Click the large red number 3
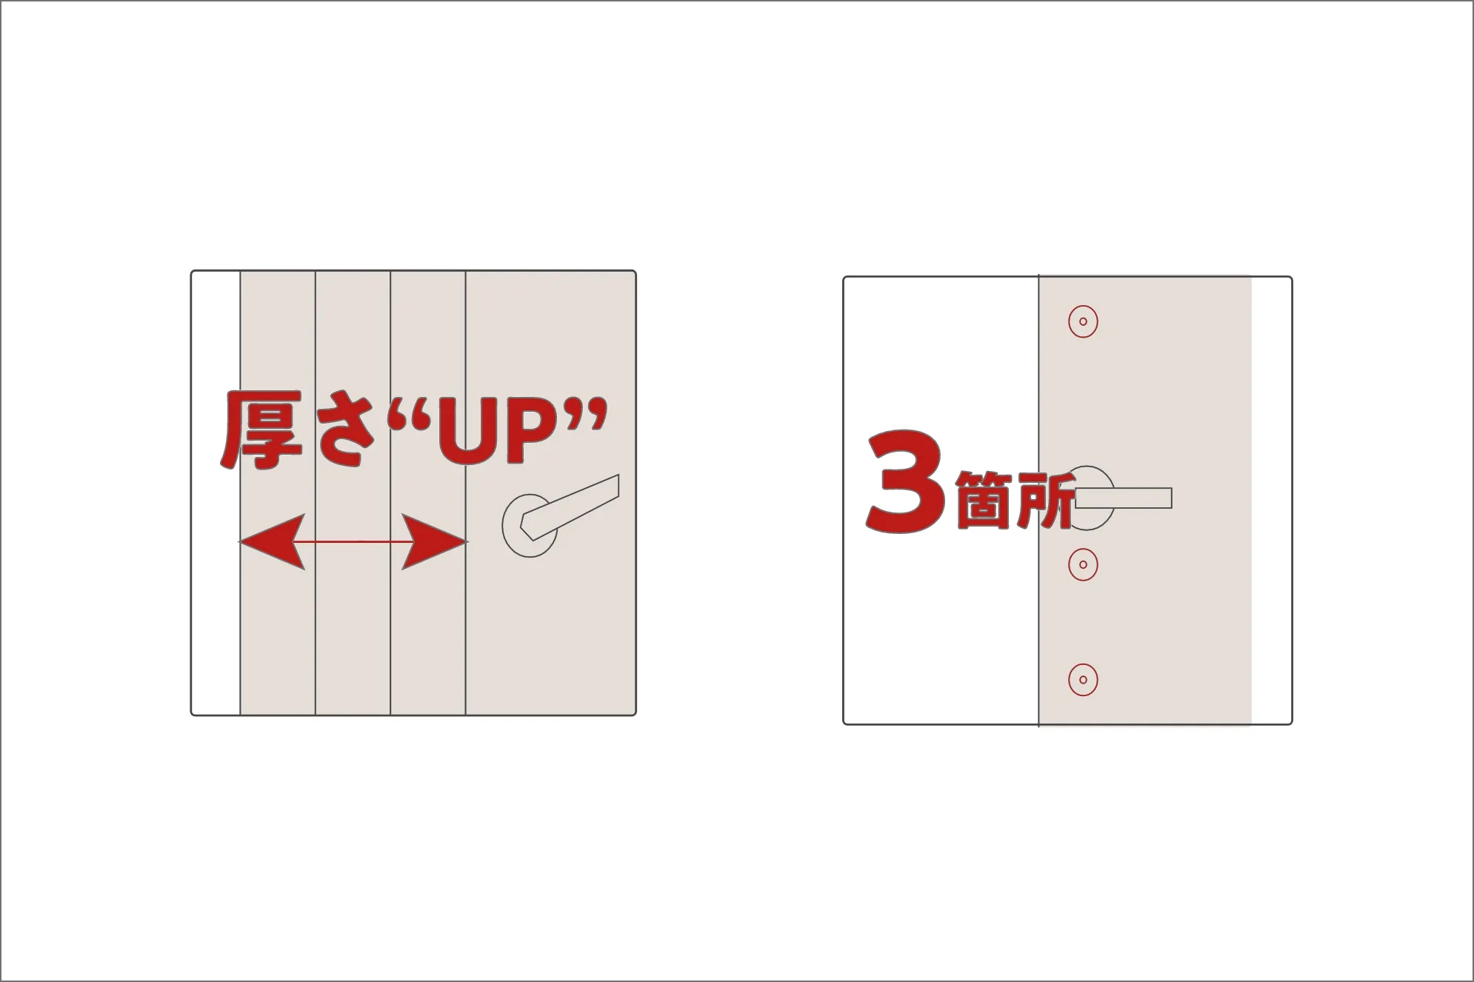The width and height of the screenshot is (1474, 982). tap(907, 482)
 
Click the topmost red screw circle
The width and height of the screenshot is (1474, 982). tap(1083, 321)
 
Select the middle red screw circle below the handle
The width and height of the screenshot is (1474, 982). tap(1083, 564)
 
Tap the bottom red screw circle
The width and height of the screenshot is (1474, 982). tap(1083, 680)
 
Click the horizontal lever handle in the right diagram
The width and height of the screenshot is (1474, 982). tap(1133, 498)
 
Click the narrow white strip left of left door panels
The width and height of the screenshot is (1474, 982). tap(216, 492)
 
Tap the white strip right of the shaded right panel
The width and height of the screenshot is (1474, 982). tap(1271, 500)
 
